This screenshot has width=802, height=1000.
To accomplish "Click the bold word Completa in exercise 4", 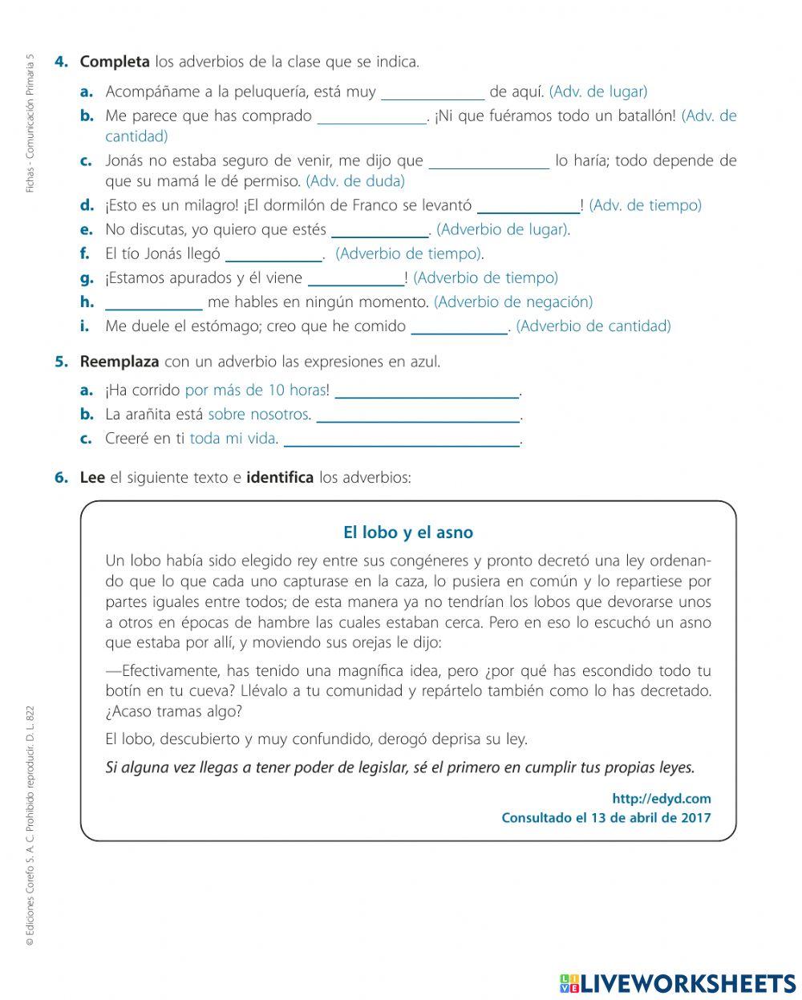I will [114, 62].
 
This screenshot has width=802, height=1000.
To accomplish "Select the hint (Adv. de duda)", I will [355, 181].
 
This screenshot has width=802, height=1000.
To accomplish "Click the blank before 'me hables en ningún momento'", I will [154, 302].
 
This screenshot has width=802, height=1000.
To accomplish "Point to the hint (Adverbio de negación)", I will [513, 302].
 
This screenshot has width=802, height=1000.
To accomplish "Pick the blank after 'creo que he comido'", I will [459, 326].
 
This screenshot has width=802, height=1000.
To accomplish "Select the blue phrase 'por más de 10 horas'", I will [255, 391].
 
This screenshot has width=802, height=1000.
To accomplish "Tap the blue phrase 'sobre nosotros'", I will [258, 415].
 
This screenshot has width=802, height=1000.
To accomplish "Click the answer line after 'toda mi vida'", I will [402, 439].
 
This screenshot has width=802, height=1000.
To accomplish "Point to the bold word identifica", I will [280, 478].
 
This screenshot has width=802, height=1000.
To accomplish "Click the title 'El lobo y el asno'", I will [408, 532].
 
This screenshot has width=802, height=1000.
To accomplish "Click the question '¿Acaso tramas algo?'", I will [173, 711].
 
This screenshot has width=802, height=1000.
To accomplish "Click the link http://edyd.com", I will [661, 799].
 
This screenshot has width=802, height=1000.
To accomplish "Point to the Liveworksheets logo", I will [678, 983].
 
